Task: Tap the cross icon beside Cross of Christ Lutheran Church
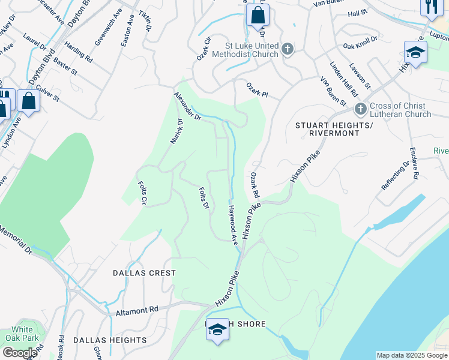pos(360,109)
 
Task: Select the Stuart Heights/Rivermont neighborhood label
pos(334,129)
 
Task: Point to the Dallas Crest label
pos(145,273)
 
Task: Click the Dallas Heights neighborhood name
pos(110,340)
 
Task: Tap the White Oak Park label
pos(22,334)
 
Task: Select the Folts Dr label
pos(203,197)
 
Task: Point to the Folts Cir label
pos(143,192)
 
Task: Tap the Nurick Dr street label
pos(176,130)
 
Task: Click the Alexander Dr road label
pos(187,107)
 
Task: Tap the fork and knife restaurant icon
pos(430,6)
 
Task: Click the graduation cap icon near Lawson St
pos(415,53)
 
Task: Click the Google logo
pos(19,353)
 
